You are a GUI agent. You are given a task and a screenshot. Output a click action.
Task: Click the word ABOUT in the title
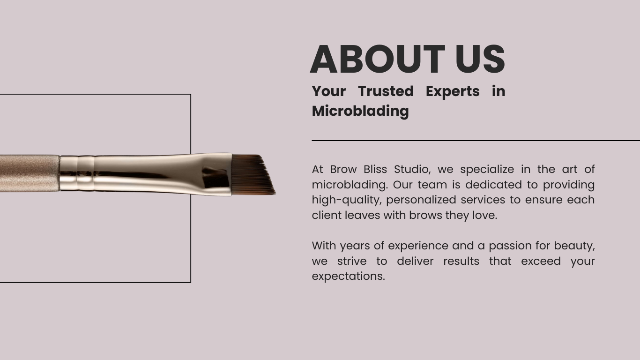pos(378,59)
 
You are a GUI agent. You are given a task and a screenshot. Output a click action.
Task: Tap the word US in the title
pos(480,59)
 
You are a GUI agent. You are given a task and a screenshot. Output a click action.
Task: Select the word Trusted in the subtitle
pos(386,91)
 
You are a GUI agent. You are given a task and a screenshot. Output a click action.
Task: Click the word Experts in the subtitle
pos(453,92)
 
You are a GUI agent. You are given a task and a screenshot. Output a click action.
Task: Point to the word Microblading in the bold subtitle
pos(360,111)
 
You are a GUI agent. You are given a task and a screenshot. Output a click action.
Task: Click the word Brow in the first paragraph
pos(343,169)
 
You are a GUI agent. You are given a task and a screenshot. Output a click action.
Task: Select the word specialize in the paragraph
pos(487,170)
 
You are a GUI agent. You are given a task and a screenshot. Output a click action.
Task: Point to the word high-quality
pos(347,200)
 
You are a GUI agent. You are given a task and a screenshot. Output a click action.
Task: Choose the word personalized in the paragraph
pos(421,200)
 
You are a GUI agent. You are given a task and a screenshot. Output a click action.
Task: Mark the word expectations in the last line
pos(348,277)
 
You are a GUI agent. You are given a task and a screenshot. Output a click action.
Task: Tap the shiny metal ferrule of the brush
pos(146,174)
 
